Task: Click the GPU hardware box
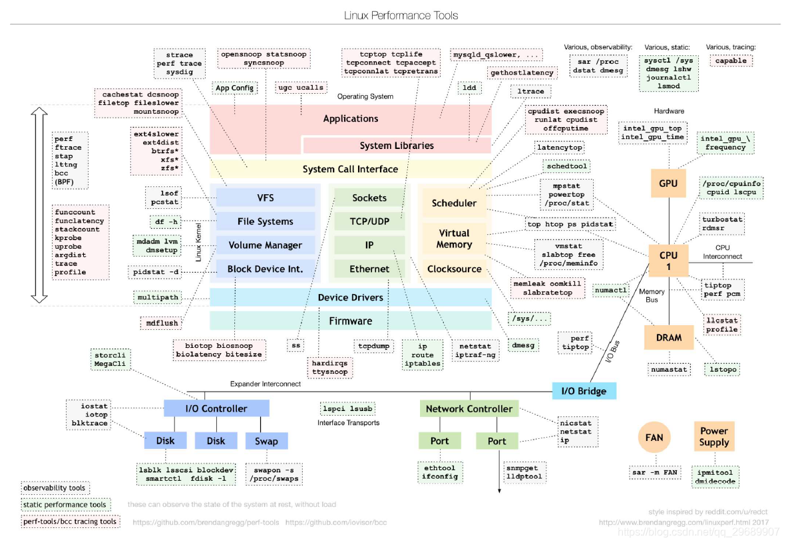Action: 668,183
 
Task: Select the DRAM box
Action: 668,337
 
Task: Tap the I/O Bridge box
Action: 584,390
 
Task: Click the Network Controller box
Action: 469,408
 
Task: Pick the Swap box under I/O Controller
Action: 266,441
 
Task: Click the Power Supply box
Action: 713,437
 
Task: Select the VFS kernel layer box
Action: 266,198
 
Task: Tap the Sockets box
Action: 369,198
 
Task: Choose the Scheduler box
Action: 454,203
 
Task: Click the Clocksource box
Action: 454,269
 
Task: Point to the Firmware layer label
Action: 351,321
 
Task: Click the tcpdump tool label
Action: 373,346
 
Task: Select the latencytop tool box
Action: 559,147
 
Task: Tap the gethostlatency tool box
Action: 522,72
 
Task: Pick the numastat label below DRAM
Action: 668,368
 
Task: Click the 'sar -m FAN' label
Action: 654,473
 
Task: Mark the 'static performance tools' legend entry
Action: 65,505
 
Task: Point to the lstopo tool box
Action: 723,368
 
